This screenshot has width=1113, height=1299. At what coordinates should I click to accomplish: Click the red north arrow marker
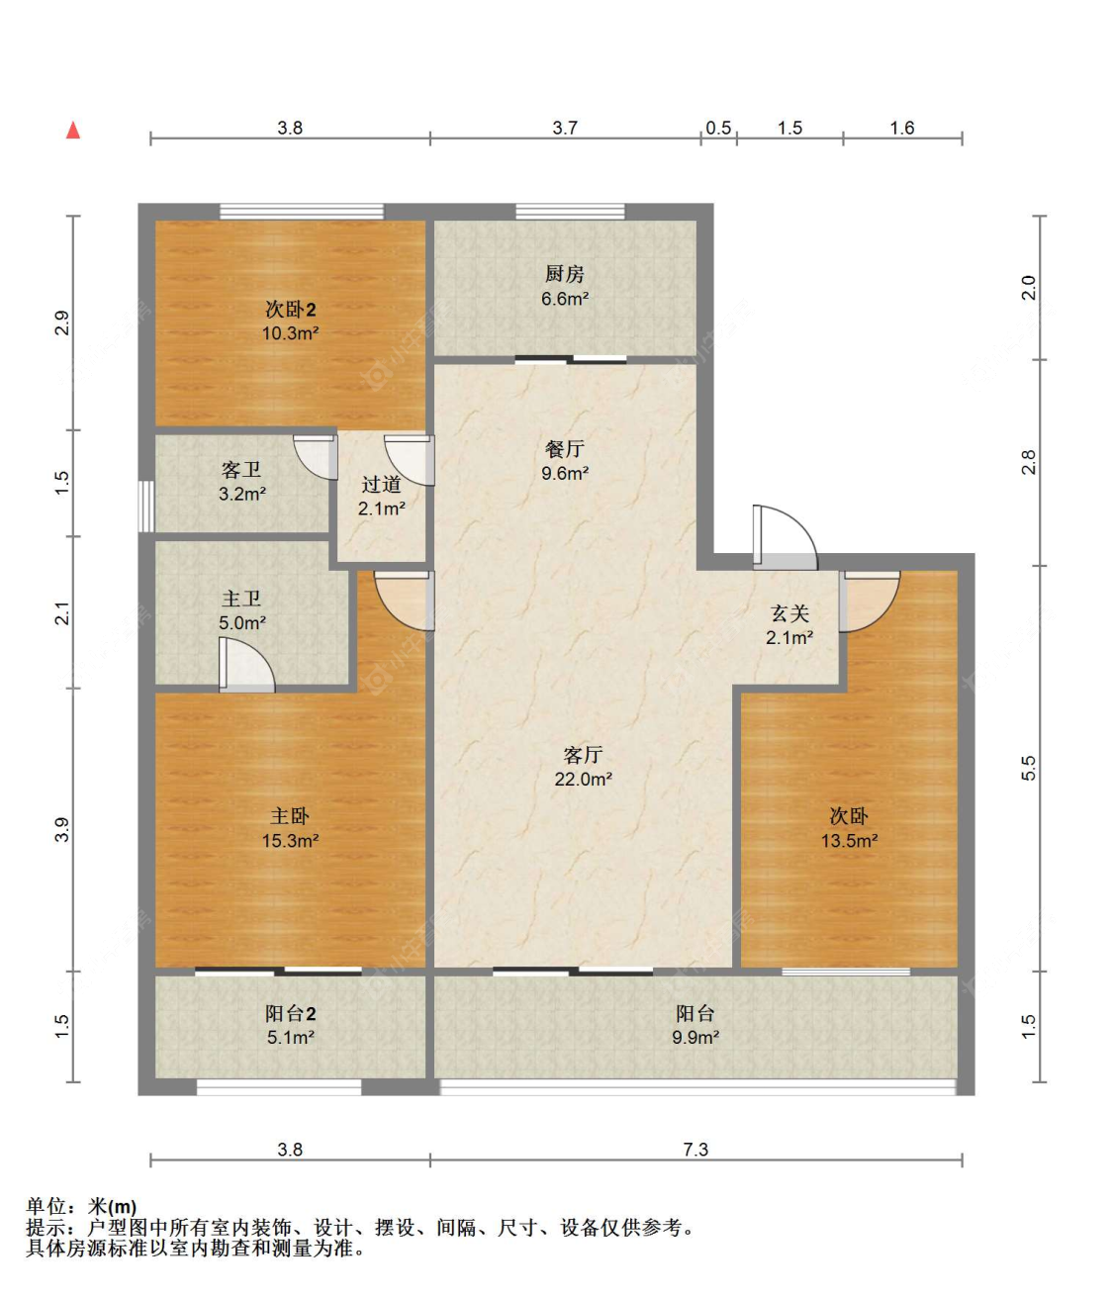point(72,131)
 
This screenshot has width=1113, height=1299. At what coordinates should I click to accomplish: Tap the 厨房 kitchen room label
point(564,274)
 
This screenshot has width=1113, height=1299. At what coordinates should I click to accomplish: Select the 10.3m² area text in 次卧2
point(290,334)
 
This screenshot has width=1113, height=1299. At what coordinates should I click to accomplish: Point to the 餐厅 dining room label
point(564,449)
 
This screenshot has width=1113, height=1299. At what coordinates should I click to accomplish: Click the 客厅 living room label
point(583,755)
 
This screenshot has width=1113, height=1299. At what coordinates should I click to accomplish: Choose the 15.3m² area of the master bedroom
point(290,841)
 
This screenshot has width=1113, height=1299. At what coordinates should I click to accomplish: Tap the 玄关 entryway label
point(788,613)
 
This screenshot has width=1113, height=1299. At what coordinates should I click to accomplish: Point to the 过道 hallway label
point(381,484)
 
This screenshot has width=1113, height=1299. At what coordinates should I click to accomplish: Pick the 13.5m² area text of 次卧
point(849,841)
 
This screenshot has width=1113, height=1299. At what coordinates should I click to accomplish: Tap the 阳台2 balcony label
point(290,1013)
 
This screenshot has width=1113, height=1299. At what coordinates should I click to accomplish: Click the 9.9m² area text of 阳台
point(695,1038)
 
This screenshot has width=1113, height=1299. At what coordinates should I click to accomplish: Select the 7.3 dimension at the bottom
point(696,1150)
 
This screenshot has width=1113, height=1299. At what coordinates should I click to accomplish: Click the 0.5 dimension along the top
point(718,128)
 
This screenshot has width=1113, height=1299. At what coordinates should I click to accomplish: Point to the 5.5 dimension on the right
point(1029,768)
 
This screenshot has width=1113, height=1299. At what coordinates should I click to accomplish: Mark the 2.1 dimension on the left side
point(62,613)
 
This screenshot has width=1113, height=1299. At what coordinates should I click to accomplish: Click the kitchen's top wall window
point(570,212)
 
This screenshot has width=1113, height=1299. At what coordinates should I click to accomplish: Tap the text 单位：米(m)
point(81,1207)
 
